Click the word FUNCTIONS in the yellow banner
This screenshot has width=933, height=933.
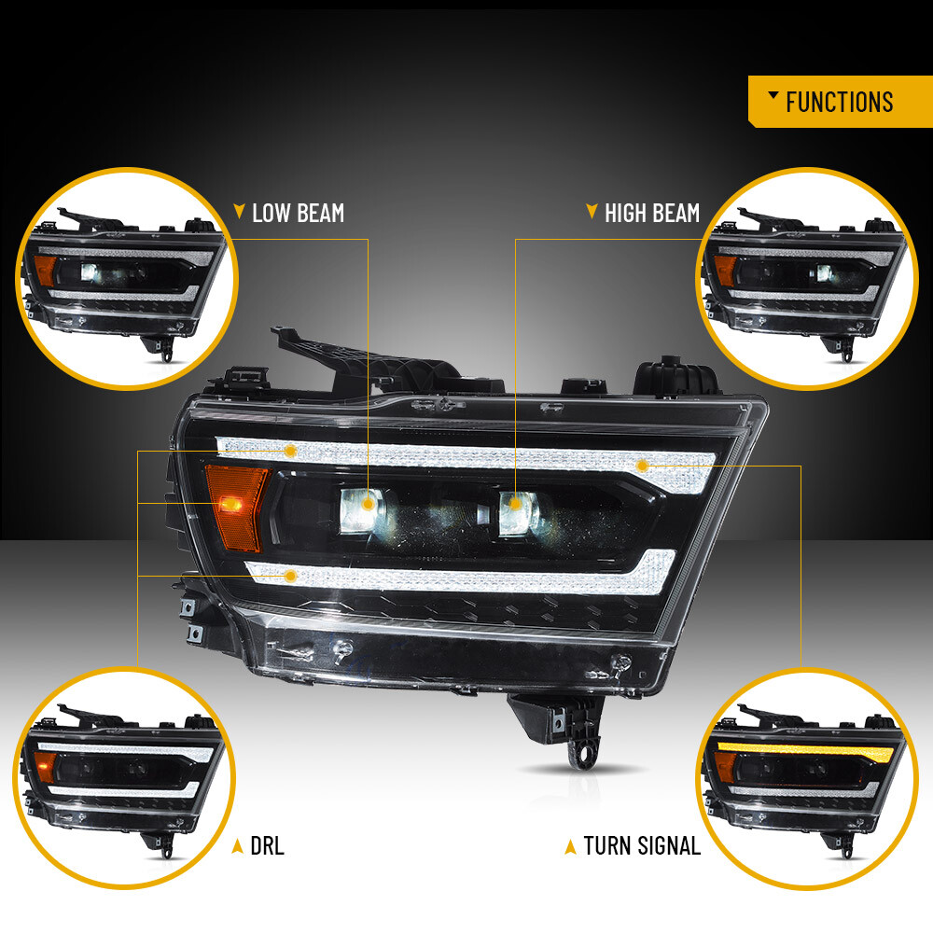(839, 102)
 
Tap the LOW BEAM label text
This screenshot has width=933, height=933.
(299, 213)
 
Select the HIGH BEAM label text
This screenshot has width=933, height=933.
(652, 213)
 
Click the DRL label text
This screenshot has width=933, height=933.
(267, 845)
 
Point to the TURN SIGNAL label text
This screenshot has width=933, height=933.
(642, 845)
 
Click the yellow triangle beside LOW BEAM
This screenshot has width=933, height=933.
(239, 211)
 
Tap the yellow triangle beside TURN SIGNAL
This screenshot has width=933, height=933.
(570, 847)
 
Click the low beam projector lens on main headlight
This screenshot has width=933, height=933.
(362, 510)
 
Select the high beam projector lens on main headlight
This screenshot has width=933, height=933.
(518, 513)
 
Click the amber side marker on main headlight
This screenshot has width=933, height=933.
(236, 507)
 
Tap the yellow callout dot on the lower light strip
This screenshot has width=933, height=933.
(290, 576)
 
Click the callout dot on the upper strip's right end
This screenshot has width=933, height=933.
(642, 465)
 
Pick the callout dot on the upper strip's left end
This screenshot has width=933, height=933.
(290, 451)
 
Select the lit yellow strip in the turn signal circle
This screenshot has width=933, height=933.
(807, 750)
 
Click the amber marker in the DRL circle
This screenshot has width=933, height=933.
(45, 767)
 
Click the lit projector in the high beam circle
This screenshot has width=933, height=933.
(825, 273)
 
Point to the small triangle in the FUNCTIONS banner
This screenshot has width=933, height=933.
(773, 94)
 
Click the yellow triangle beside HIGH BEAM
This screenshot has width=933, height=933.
(592, 211)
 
